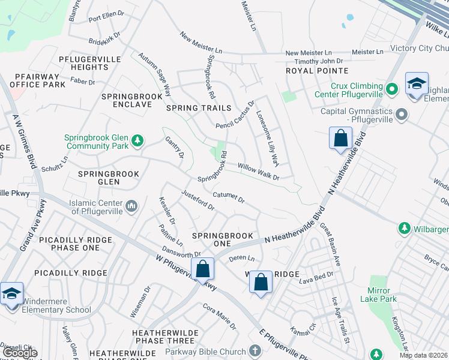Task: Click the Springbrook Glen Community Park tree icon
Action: click(138, 140)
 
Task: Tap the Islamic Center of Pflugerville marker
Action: click(132, 206)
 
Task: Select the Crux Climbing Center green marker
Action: click(391, 89)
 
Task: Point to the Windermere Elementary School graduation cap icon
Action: click(11, 294)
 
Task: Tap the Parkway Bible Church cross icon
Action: click(255, 351)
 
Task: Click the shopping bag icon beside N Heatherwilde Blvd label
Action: click(340, 138)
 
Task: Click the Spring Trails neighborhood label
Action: click(199, 108)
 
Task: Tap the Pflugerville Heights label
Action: click(84, 63)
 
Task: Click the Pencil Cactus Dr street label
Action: click(235, 115)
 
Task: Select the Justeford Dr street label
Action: click(197, 199)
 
